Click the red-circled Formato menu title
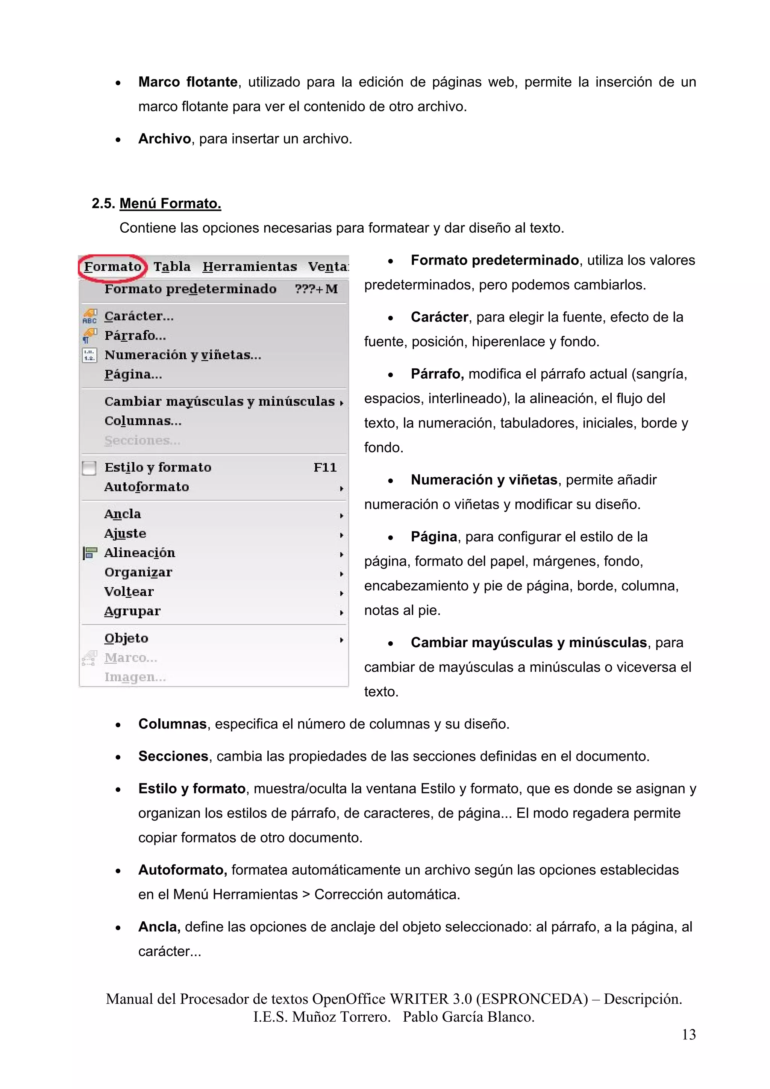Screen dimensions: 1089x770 (x=112, y=267)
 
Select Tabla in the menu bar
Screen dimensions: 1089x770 (x=172, y=267)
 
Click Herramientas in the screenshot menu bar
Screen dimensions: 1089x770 (x=250, y=267)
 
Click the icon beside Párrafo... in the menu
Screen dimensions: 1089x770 (x=89, y=336)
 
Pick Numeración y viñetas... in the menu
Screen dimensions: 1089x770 (x=183, y=355)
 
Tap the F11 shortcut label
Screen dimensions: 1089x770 (x=325, y=468)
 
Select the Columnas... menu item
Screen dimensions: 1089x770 (x=143, y=421)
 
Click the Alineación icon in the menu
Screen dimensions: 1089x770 (x=89, y=553)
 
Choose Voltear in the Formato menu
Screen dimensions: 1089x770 (x=129, y=592)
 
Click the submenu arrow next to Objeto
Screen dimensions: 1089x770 (x=341, y=640)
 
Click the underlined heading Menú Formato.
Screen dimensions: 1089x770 (x=170, y=203)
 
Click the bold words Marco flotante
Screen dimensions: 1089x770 (x=188, y=82)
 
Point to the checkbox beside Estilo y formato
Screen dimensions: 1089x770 (x=89, y=468)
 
